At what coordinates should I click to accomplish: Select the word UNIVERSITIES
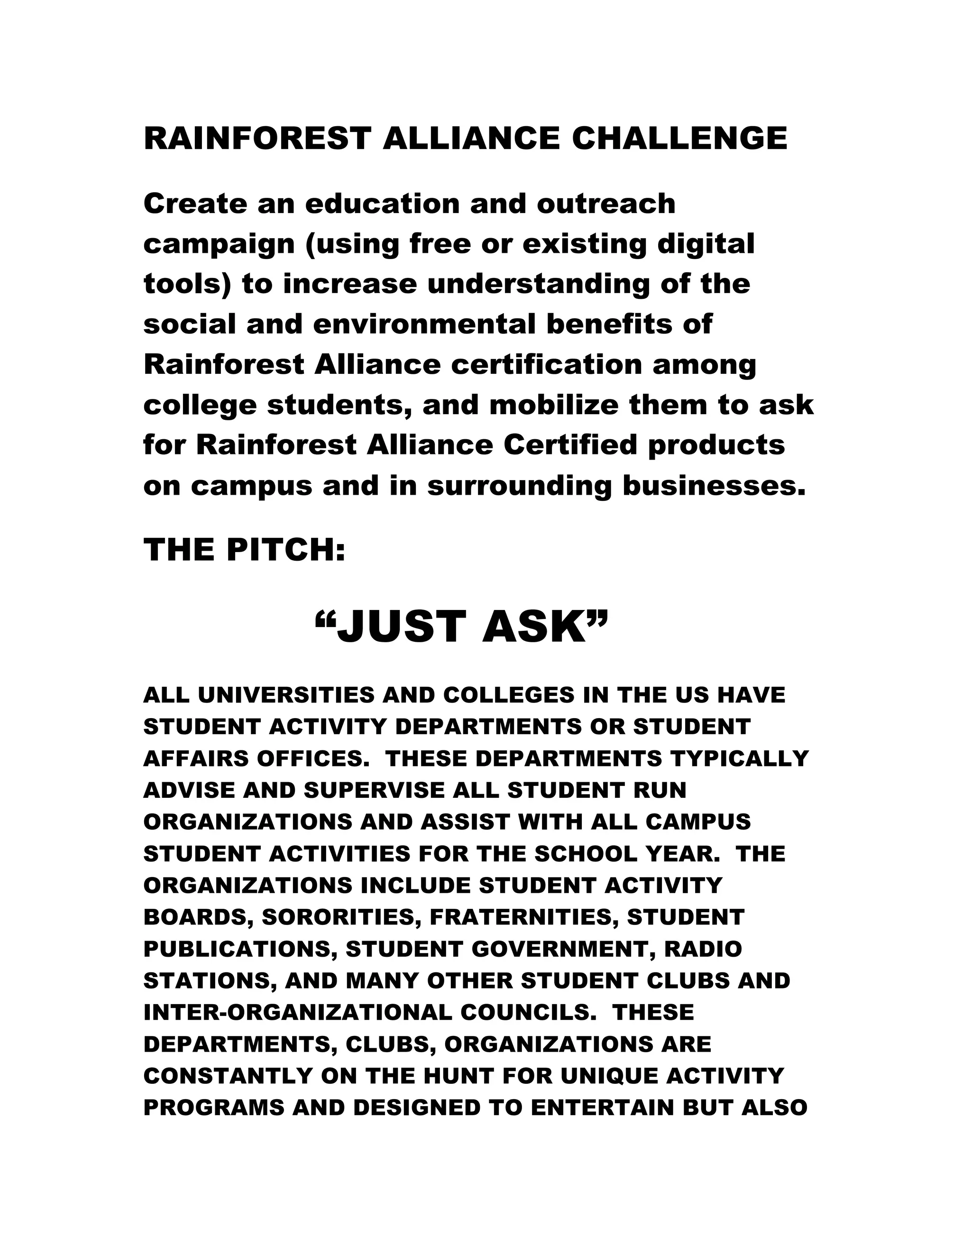(x=286, y=695)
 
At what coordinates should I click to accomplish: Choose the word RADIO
(x=703, y=949)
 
